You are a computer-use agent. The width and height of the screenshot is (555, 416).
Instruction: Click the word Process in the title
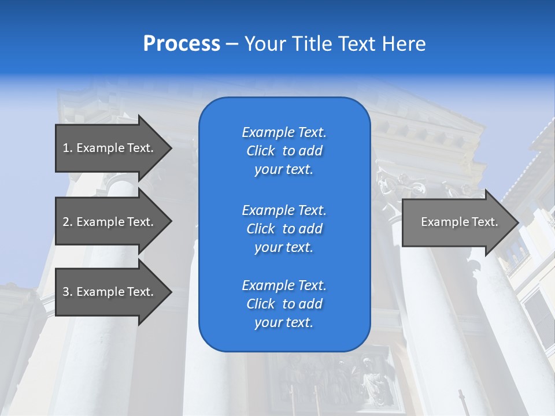click(x=182, y=44)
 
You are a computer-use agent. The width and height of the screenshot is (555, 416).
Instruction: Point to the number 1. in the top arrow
click(x=67, y=148)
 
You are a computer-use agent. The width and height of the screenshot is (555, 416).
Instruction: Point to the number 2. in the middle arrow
click(x=67, y=222)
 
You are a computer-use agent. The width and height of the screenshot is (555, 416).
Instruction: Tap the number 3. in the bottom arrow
click(x=67, y=292)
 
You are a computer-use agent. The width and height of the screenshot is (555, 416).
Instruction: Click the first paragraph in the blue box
click(x=284, y=151)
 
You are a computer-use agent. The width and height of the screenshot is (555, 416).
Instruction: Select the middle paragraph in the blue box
click(x=284, y=229)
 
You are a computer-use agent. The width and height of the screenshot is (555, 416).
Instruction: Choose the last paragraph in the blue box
click(x=284, y=304)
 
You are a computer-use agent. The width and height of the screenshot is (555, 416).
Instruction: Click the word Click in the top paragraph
click(x=261, y=151)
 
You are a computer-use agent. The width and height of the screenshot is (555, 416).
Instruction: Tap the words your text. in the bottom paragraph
click(x=284, y=322)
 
